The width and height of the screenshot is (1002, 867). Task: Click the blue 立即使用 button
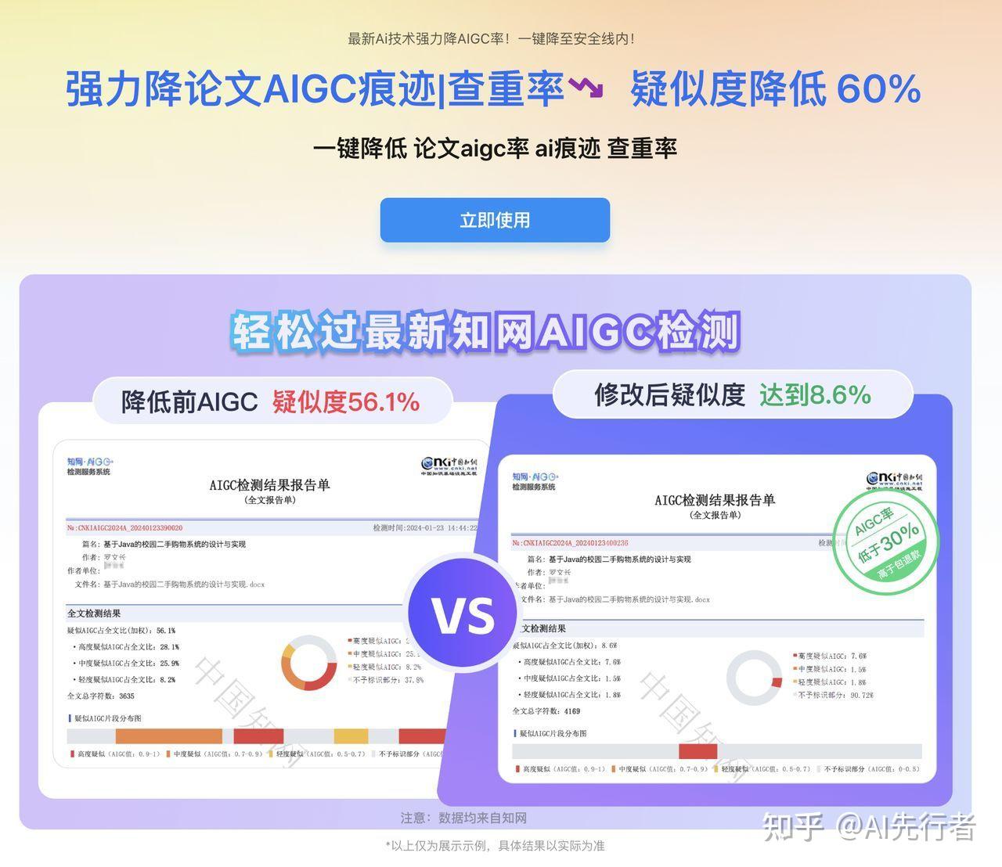point(495,220)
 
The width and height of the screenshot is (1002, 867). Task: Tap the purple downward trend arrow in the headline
point(586,87)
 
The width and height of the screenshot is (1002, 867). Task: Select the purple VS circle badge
point(463,614)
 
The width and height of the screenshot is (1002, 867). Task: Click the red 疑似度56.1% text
point(346,401)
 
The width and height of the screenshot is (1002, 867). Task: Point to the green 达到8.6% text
point(815,394)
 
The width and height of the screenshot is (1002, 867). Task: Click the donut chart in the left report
point(308,663)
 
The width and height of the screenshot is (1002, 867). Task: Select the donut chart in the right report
point(754,678)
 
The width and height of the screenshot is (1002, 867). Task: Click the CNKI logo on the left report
point(449,466)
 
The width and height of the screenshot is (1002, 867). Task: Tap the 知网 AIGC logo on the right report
point(535,481)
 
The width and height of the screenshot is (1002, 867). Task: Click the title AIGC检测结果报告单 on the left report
point(270,485)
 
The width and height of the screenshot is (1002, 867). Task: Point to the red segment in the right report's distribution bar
point(697,751)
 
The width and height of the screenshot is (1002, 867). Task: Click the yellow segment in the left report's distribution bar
point(351,736)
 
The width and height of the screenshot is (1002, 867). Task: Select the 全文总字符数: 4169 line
point(546,711)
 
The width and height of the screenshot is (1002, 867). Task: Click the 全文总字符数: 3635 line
point(101,696)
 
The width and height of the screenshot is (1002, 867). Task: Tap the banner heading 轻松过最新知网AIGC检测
point(485,333)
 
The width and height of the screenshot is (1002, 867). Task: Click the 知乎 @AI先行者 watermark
point(869,827)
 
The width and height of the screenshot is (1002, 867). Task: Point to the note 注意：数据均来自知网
point(463,818)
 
